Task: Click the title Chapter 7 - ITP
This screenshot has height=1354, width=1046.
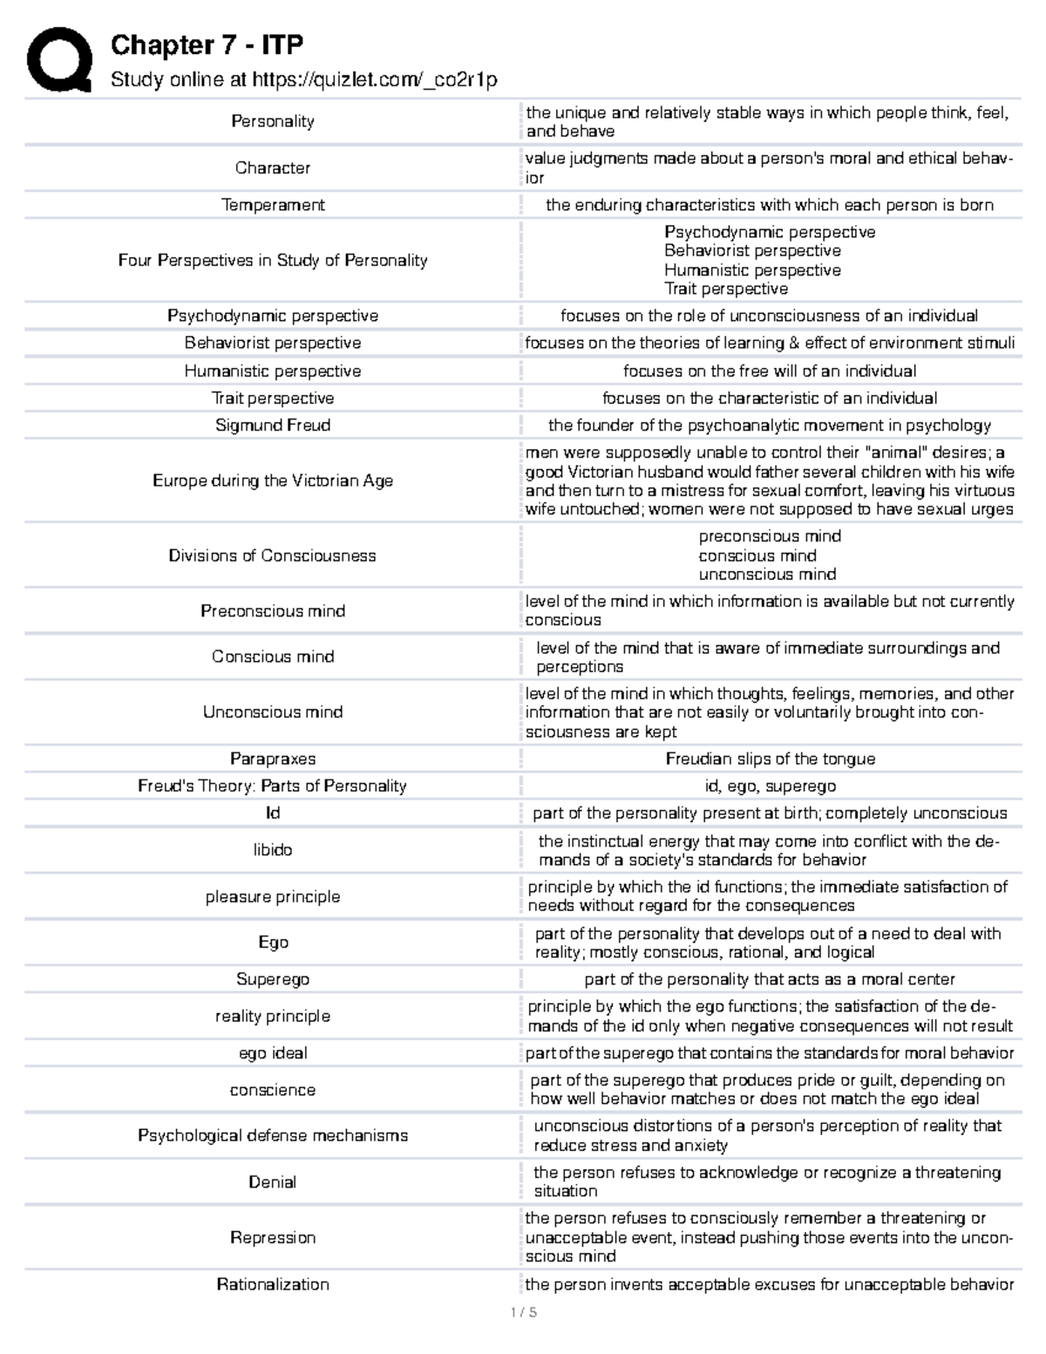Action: tap(207, 44)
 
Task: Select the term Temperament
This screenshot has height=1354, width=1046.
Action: tap(272, 205)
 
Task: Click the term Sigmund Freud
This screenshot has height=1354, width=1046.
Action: tap(272, 425)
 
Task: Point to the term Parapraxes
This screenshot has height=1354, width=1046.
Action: tap(272, 759)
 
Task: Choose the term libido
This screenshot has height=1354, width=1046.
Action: tap(272, 850)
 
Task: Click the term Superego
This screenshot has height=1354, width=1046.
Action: tap(272, 979)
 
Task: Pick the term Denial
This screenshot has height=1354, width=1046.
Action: tap(272, 1182)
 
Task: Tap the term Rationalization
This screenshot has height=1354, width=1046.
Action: tap(272, 1284)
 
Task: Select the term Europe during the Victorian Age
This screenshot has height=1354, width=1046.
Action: tap(272, 480)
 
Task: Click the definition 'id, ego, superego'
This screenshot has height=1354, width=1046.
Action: tap(770, 786)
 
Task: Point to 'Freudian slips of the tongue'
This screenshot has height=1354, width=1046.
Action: tap(770, 759)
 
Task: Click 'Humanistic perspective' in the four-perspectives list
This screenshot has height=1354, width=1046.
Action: tap(751, 270)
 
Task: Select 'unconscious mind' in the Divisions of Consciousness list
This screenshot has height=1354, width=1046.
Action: tap(767, 575)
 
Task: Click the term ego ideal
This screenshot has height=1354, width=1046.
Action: tap(272, 1053)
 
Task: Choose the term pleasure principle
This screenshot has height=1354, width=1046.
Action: tap(272, 896)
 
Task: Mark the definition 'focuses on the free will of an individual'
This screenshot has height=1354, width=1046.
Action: tap(770, 371)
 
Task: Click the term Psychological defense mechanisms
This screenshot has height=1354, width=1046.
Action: tap(272, 1135)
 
